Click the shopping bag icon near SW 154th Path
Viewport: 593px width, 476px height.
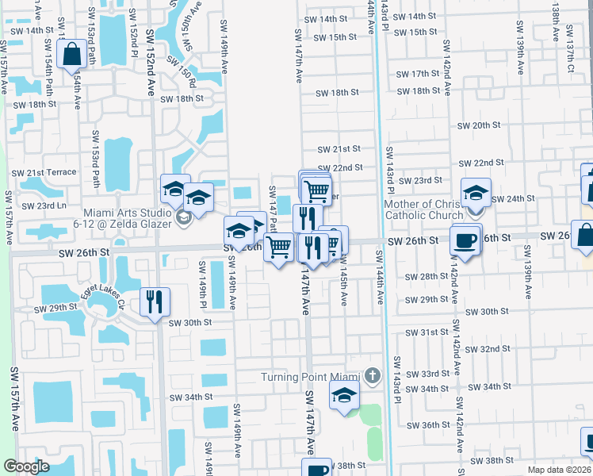click(x=71, y=55)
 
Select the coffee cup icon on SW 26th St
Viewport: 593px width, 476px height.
click(x=465, y=240)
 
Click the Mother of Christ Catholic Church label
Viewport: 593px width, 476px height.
click(x=423, y=209)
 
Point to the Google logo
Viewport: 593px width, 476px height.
click(x=26, y=466)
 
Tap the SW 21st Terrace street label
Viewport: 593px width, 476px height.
click(x=44, y=172)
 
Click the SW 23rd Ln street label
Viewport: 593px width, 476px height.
click(x=44, y=205)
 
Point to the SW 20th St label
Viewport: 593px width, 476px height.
click(x=480, y=125)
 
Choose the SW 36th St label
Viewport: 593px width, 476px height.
click(x=436, y=425)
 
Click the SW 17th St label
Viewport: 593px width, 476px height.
click(x=431, y=74)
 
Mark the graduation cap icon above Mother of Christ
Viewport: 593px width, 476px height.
click(x=476, y=192)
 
